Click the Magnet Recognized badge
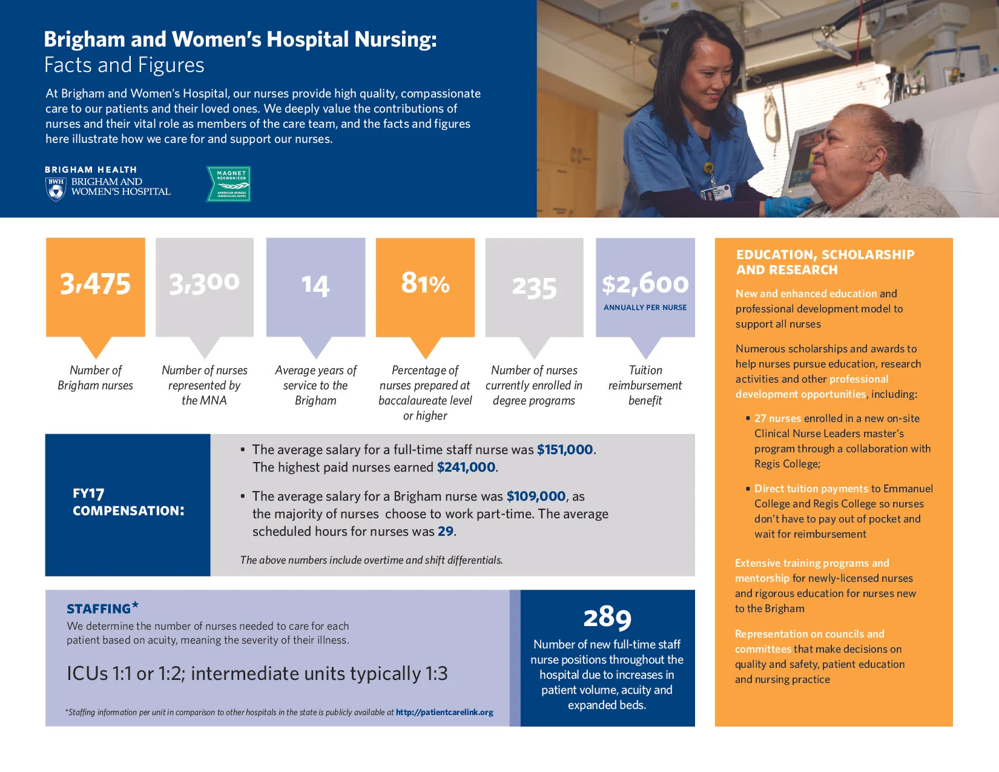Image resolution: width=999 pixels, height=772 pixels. point(229,183)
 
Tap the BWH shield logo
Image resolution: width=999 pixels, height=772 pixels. point(56,189)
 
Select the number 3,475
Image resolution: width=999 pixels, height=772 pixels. point(96,283)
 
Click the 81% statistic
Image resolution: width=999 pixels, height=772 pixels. point(425,283)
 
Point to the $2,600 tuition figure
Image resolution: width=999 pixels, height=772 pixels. point(645,283)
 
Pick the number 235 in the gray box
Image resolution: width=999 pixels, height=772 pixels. point(534,287)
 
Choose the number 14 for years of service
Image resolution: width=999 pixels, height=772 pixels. point(315,285)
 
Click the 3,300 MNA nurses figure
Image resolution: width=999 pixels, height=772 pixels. point(204,283)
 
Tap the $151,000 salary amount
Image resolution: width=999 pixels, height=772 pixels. point(565,450)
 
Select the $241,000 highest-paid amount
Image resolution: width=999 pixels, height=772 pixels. point(466,467)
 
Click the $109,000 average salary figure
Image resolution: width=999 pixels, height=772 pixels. point(536,497)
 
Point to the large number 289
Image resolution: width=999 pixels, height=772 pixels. point(607,617)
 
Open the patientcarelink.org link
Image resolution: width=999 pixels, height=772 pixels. point(444,713)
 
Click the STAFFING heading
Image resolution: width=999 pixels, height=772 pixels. point(99,609)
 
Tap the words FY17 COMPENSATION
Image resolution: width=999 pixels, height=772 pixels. point(128,502)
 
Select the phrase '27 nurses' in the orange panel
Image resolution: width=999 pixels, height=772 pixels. point(777,418)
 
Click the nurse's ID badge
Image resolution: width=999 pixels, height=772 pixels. point(716,193)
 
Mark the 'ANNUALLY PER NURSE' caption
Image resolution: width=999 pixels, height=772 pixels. point(645,308)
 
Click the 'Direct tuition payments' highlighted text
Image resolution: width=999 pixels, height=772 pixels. point(811,489)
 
